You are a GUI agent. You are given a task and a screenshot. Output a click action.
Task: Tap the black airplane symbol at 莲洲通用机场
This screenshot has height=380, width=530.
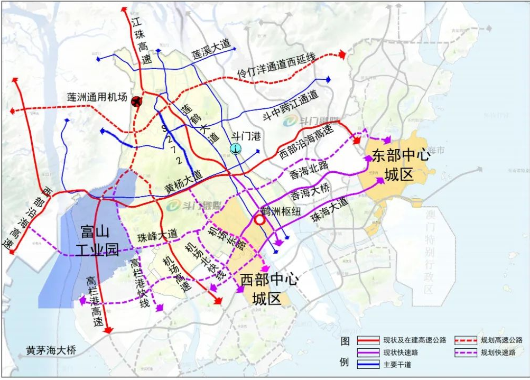pyautogui.click(x=137, y=101)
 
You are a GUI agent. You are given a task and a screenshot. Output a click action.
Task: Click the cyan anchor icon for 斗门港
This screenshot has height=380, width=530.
pyautogui.click(x=236, y=149)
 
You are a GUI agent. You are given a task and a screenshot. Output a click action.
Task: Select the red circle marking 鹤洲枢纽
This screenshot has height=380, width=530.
pyautogui.click(x=259, y=220)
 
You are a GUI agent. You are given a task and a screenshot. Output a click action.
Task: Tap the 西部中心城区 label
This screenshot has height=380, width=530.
pyautogui.click(x=268, y=288)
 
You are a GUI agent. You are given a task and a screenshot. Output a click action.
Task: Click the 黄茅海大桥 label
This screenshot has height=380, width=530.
pyautogui.click(x=51, y=350)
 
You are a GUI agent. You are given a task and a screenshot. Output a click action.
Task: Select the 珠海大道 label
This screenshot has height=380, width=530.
pyautogui.click(x=330, y=209)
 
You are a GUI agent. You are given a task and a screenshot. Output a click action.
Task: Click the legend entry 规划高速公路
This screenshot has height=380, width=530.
pyautogui.click(x=501, y=340)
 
